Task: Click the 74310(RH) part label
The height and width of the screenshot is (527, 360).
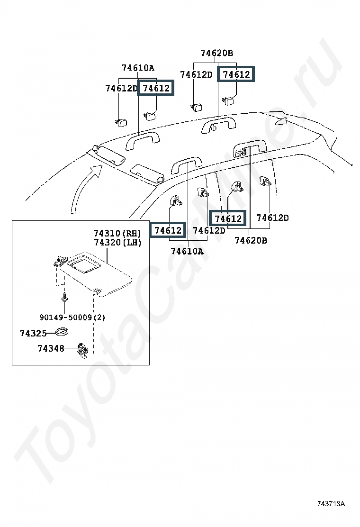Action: coord(117,233)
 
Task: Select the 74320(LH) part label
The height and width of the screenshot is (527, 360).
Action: coord(117,242)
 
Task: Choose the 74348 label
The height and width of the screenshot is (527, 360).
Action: coord(51,349)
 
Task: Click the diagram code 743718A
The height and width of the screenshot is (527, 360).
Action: coord(331,503)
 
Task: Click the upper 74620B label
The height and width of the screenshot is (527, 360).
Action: coord(216,53)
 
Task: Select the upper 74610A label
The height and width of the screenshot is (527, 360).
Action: coord(138,68)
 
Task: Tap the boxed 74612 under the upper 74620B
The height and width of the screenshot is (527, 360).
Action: coord(236,74)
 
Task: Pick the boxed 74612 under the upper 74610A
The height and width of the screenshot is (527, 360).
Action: coord(155,88)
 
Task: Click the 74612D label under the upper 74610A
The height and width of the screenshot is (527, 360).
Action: coord(121,88)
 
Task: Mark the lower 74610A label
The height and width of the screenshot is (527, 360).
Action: coord(187,251)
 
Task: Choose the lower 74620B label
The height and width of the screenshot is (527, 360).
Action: coord(251,241)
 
